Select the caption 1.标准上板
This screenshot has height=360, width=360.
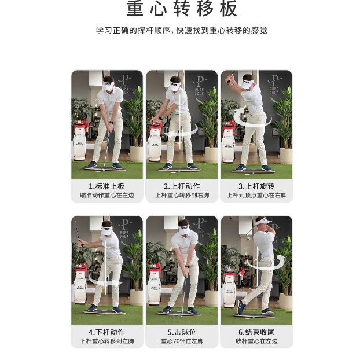106,186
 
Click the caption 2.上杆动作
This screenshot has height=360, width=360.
182,186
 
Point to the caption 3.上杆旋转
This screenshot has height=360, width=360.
256,186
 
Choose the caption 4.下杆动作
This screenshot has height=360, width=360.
106,332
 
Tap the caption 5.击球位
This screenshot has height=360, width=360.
182,332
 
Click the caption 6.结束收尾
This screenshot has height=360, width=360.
256,332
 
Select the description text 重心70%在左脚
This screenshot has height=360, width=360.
182,341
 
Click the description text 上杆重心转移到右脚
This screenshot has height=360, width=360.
182,196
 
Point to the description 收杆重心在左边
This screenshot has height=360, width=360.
256,341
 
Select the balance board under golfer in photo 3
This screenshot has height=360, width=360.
251,170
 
